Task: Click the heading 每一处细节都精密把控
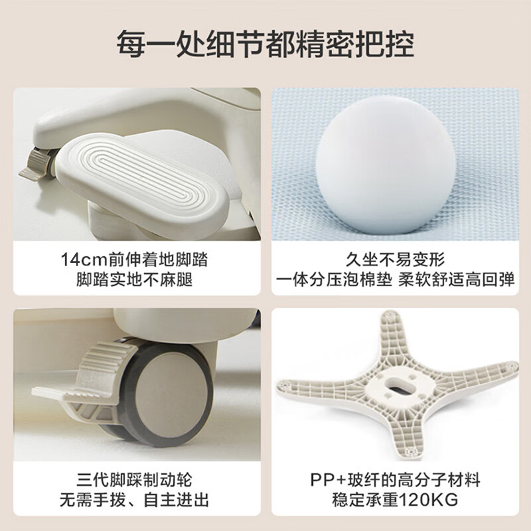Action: [265, 43]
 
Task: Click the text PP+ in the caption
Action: [329, 479]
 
